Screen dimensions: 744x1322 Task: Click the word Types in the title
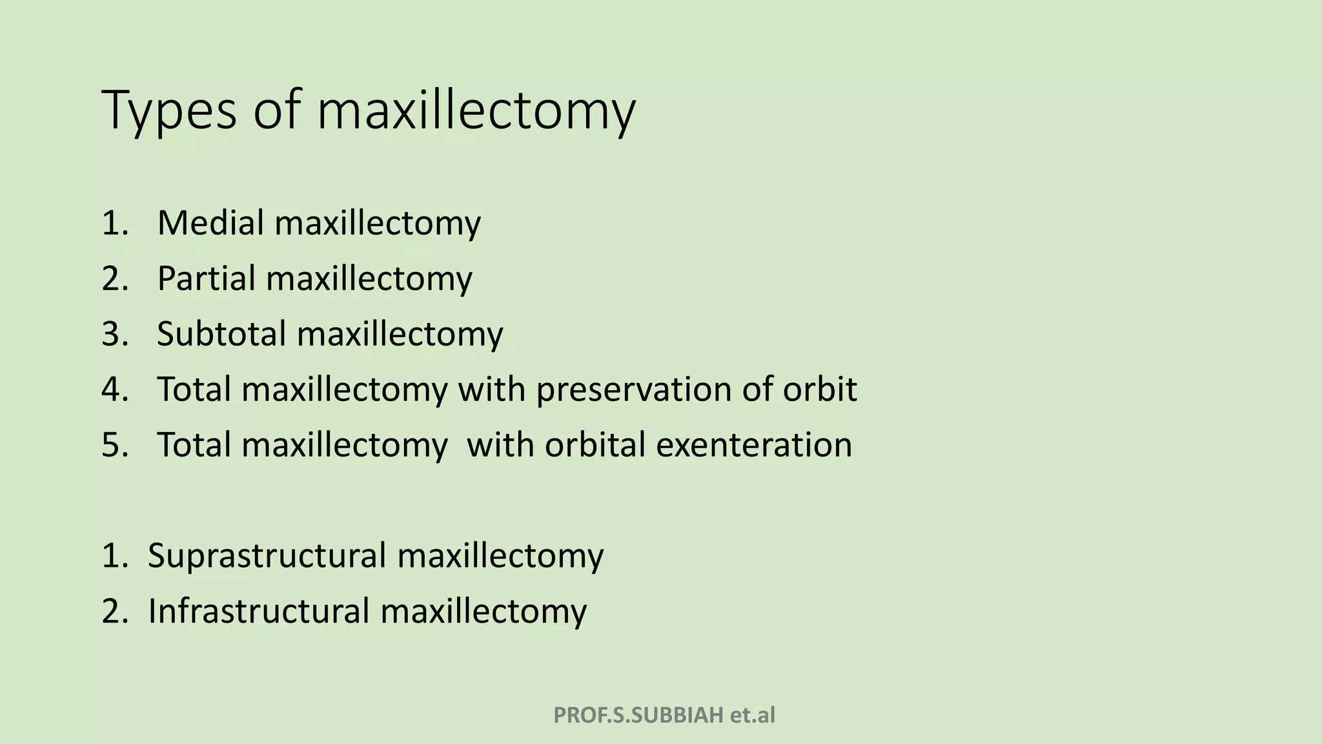point(169,111)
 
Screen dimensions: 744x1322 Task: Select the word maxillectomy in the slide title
point(476,111)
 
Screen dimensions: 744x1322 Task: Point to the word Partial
point(207,278)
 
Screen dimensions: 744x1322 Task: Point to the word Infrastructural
point(258,611)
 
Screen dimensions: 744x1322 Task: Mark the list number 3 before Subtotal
point(114,334)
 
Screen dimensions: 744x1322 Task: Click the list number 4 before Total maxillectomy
point(114,389)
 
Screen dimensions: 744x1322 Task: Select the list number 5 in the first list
point(114,445)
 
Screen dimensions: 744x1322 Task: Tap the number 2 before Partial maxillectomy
point(114,278)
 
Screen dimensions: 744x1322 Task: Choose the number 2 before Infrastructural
point(114,611)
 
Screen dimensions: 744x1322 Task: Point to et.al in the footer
point(752,715)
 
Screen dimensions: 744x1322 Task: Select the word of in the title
point(277,111)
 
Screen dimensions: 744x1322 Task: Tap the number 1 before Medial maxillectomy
point(114,223)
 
